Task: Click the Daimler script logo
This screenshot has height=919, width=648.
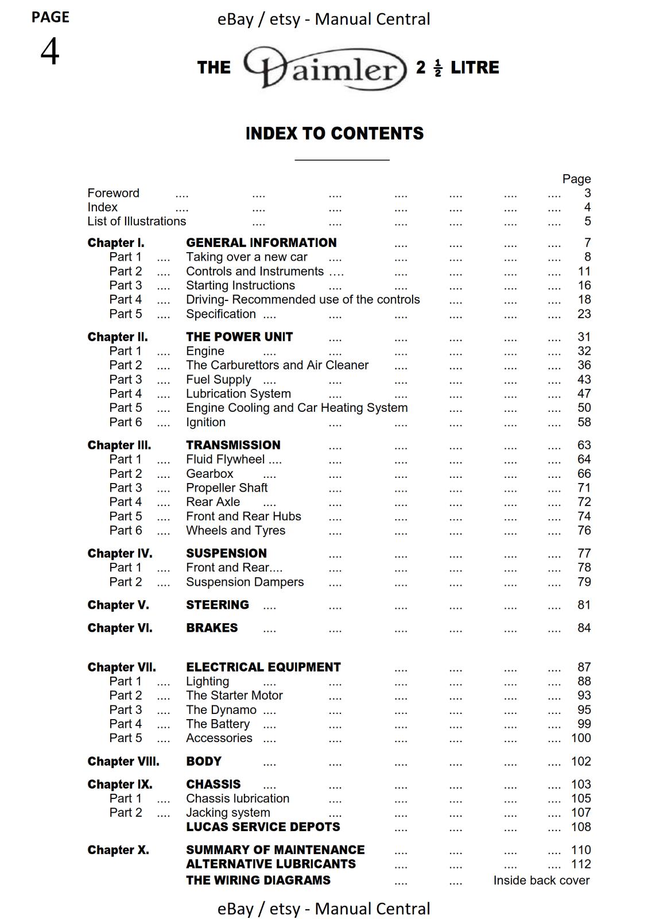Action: tap(325, 68)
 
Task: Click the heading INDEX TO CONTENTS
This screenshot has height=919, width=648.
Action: tap(334, 134)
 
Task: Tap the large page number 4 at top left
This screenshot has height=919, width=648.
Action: tap(50, 52)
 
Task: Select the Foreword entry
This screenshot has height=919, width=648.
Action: tap(113, 193)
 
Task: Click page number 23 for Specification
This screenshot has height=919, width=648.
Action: tap(584, 314)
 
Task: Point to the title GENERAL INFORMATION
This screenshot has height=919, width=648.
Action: tap(261, 243)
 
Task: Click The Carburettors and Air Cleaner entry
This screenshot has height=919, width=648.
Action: tap(277, 365)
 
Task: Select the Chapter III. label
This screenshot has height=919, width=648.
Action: tap(119, 445)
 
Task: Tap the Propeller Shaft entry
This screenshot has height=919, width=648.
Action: tap(227, 488)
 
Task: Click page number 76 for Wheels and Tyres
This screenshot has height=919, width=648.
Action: tap(584, 531)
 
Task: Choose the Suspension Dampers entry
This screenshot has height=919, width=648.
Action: tap(245, 582)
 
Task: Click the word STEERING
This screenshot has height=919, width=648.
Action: tap(217, 605)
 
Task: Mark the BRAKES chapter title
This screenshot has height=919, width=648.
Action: tap(211, 628)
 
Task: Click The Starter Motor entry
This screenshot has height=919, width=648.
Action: tap(234, 696)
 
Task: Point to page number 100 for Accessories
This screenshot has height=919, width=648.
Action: tap(581, 738)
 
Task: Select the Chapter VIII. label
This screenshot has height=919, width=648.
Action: tap(123, 762)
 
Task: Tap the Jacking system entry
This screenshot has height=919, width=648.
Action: tap(228, 813)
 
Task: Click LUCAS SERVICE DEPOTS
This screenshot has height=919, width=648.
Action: tap(263, 827)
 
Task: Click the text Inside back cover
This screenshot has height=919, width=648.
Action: tap(541, 881)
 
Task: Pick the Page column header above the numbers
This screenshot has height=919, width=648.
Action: tap(576, 179)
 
